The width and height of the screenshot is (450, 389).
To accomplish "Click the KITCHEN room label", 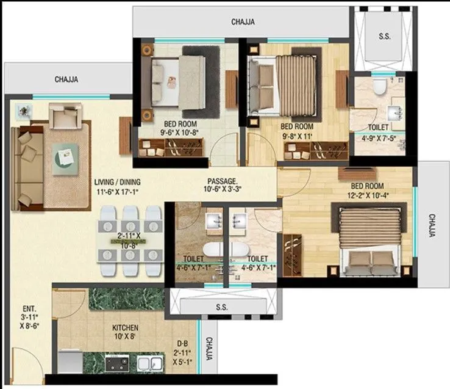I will pos(125,327).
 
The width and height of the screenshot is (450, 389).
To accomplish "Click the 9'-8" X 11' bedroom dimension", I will pos(297,136).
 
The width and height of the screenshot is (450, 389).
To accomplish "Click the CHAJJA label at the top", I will pos(243,22).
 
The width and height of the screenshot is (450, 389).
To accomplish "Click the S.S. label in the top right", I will pos(384,37).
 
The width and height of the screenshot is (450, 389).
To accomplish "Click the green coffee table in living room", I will pos(65,159).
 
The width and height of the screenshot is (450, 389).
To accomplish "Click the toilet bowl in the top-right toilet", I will pos(380,89).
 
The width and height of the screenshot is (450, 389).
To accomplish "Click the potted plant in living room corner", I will pos(24,111).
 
